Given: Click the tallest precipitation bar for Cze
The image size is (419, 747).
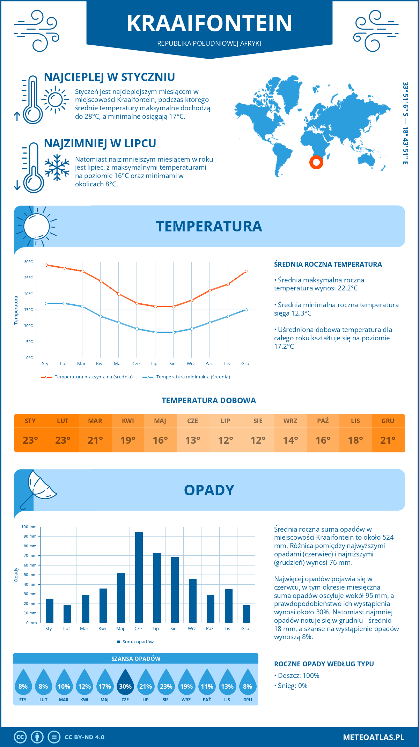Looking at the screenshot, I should (x=139, y=577).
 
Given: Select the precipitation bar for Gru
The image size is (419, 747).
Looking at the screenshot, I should (x=247, y=614).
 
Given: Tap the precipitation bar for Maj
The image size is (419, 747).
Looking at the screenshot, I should (x=121, y=598).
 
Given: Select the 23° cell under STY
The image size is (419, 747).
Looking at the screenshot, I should (x=30, y=440).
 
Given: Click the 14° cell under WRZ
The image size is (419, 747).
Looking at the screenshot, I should (x=291, y=440).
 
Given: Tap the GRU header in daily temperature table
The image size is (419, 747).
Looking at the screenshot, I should (x=388, y=421).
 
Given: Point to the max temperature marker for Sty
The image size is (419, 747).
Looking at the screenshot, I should (x=46, y=265).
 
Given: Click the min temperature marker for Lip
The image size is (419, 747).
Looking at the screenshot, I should (x=155, y=332).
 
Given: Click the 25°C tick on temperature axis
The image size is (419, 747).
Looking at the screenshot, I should (x=29, y=278).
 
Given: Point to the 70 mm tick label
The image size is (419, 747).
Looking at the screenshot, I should (x=30, y=555).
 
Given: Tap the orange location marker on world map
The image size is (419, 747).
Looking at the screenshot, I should (x=316, y=162).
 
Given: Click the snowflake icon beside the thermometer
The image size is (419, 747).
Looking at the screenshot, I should (x=57, y=168).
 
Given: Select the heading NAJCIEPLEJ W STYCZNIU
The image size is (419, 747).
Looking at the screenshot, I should (x=109, y=77).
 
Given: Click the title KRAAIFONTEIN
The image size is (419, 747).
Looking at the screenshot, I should (x=209, y=23).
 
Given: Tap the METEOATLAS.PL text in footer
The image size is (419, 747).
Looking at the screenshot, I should (x=373, y=737).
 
